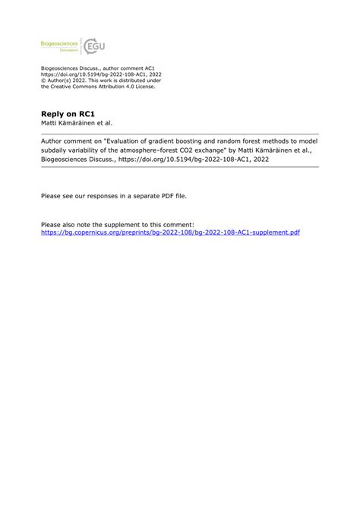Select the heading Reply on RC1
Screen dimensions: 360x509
(x=62, y=113)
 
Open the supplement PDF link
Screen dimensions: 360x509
(x=170, y=232)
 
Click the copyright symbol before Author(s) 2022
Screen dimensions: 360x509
(x=43, y=81)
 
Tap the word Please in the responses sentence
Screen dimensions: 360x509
(x=51, y=195)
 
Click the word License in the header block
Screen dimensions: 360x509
(x=141, y=87)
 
